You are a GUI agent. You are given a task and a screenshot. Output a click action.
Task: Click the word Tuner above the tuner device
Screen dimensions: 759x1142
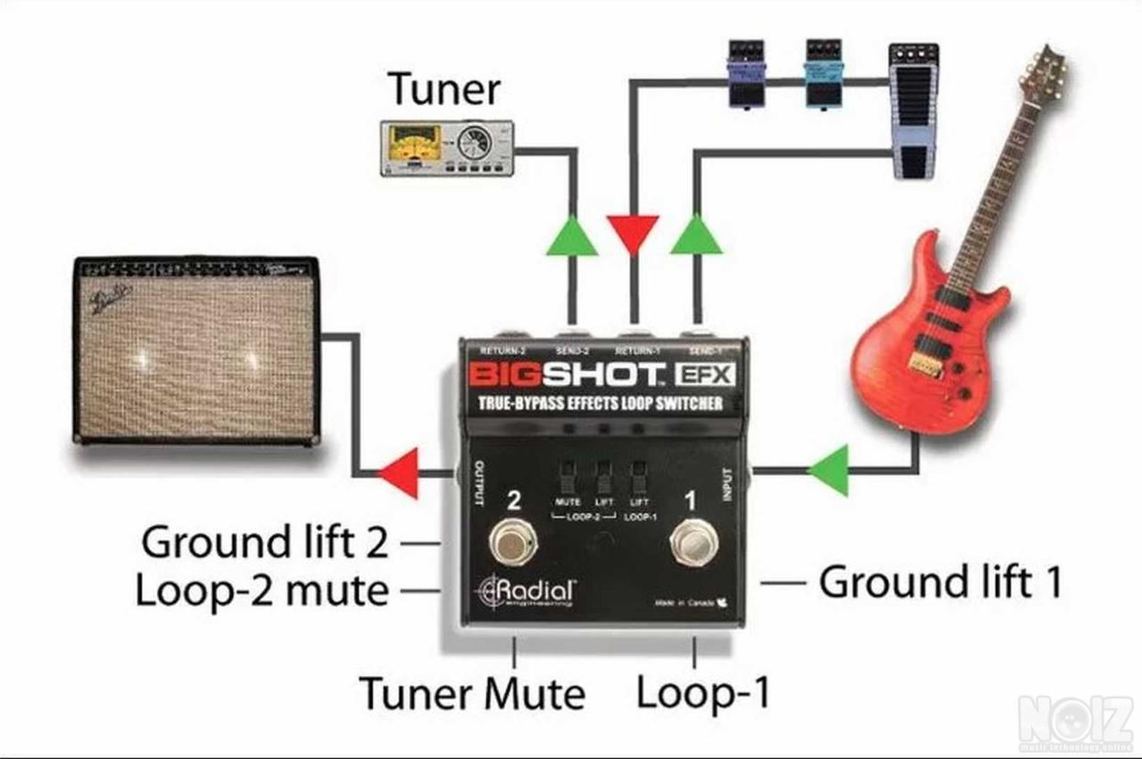pyautogui.click(x=444, y=90)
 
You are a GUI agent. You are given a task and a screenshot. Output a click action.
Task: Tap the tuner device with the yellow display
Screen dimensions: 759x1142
pyautogui.click(x=447, y=147)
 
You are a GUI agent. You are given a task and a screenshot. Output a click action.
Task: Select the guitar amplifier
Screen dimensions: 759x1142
pyautogui.click(x=196, y=350)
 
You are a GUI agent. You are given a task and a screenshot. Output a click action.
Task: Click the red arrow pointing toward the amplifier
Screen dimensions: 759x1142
pyautogui.click(x=399, y=473)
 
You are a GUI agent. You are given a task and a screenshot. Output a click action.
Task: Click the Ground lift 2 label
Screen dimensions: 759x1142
pyautogui.click(x=265, y=541)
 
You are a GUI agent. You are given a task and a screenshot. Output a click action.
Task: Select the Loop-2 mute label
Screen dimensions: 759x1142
pyautogui.click(x=261, y=590)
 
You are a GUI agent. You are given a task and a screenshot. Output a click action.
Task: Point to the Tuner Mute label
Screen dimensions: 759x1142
pyautogui.click(x=472, y=693)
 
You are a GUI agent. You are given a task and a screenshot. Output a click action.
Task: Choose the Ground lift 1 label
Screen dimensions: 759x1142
pyautogui.click(x=940, y=583)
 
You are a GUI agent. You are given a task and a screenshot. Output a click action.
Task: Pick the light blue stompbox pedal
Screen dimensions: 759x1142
pyautogui.click(x=823, y=73)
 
